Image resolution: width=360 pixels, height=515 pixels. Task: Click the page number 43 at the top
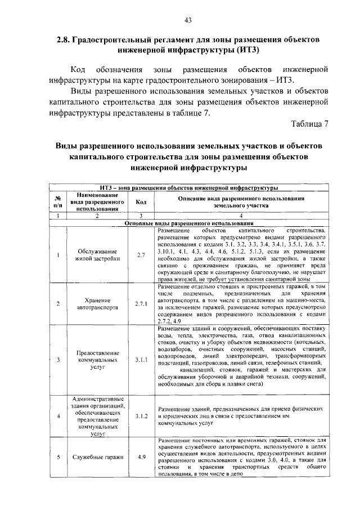click(x=188, y=21)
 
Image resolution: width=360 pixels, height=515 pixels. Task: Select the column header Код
click(x=141, y=203)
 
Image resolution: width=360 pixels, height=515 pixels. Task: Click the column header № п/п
click(x=58, y=203)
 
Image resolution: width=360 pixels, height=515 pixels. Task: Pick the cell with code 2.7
click(x=141, y=256)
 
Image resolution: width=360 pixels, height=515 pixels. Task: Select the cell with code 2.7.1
click(x=141, y=304)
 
